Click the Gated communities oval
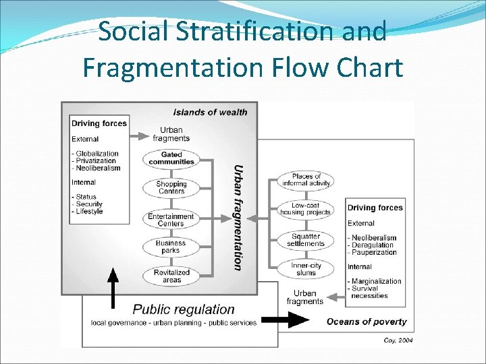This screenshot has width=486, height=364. (171, 158)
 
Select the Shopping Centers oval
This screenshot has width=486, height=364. (171, 187)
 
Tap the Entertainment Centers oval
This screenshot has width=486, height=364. (171, 220)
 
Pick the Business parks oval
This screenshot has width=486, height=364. (171, 247)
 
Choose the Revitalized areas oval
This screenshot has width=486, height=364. (171, 276)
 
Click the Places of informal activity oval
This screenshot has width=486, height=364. (306, 180)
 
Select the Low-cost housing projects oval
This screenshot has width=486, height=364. (306, 209)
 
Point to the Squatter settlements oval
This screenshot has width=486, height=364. (306, 239)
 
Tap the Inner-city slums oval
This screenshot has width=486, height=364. (306, 269)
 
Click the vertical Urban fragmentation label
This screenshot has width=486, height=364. (238, 217)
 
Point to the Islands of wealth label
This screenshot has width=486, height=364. (210, 112)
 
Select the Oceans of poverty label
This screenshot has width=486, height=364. (367, 322)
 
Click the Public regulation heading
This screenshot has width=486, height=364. (184, 309)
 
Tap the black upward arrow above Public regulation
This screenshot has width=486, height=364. (113, 287)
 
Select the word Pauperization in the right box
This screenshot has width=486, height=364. (374, 253)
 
